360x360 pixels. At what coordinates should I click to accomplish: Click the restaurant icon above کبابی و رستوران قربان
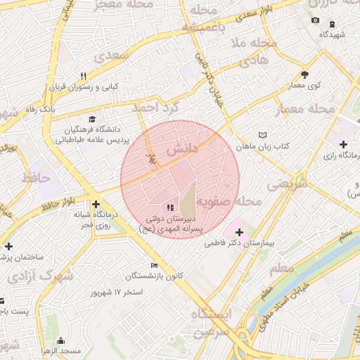(84, 76)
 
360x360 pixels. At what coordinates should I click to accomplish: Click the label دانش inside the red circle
(181, 150)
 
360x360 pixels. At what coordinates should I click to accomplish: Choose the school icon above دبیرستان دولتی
(169, 207)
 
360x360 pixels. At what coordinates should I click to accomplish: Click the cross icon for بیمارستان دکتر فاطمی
(238, 232)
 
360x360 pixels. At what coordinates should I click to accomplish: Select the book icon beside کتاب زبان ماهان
(262, 134)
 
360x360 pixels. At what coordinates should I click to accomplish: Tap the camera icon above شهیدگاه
(314, 20)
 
